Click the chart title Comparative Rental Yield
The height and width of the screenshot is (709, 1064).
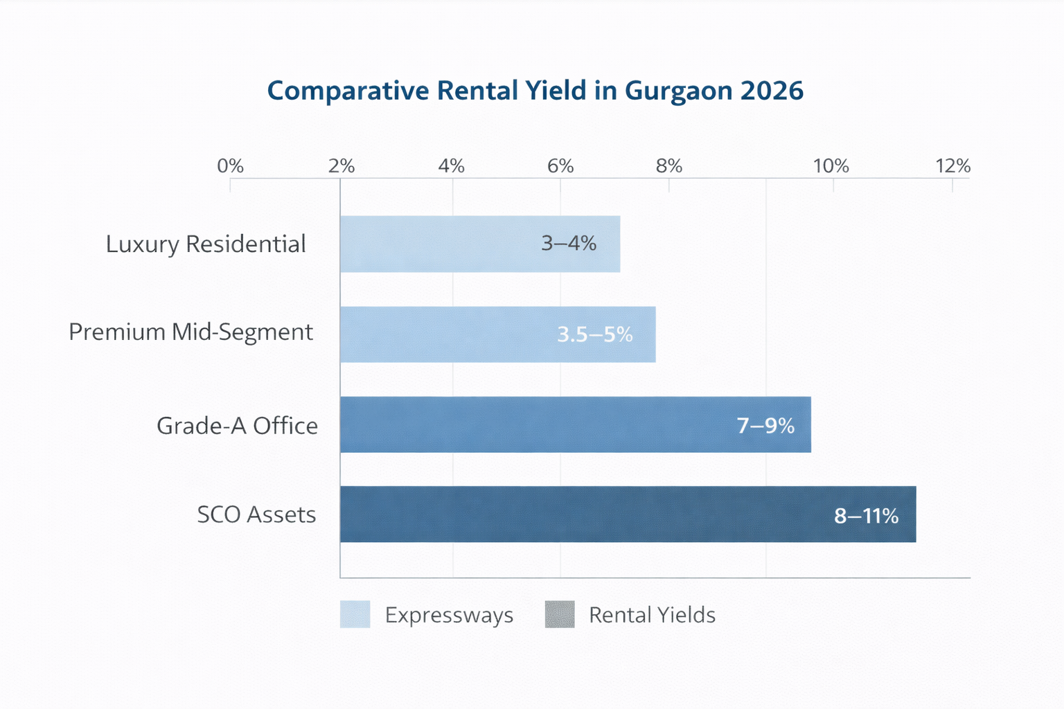point(535,91)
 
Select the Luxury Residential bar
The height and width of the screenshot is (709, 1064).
point(479,244)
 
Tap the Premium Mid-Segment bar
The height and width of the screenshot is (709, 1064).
point(497,334)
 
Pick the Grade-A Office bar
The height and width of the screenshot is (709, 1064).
point(575,424)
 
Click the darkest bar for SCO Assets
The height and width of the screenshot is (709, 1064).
point(628,514)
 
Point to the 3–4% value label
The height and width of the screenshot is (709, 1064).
point(569,244)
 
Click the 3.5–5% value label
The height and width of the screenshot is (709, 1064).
point(595,335)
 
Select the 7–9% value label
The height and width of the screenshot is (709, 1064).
point(765,425)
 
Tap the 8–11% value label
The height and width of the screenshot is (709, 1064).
point(866,516)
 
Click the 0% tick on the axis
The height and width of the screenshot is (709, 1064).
point(230,166)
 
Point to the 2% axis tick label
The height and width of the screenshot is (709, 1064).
point(342,166)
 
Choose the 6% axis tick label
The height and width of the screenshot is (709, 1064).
point(560,166)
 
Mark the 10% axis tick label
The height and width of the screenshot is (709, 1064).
point(831,166)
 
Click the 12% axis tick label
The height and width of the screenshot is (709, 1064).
point(952,166)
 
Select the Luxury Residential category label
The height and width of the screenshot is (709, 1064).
point(206,244)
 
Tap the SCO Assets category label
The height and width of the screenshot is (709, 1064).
point(256,514)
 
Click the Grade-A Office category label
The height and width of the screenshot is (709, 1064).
point(237,425)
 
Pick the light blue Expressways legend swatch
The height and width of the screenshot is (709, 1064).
point(355,614)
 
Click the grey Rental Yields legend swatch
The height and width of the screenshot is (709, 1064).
point(560,614)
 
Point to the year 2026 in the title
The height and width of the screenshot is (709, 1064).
point(772,91)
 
